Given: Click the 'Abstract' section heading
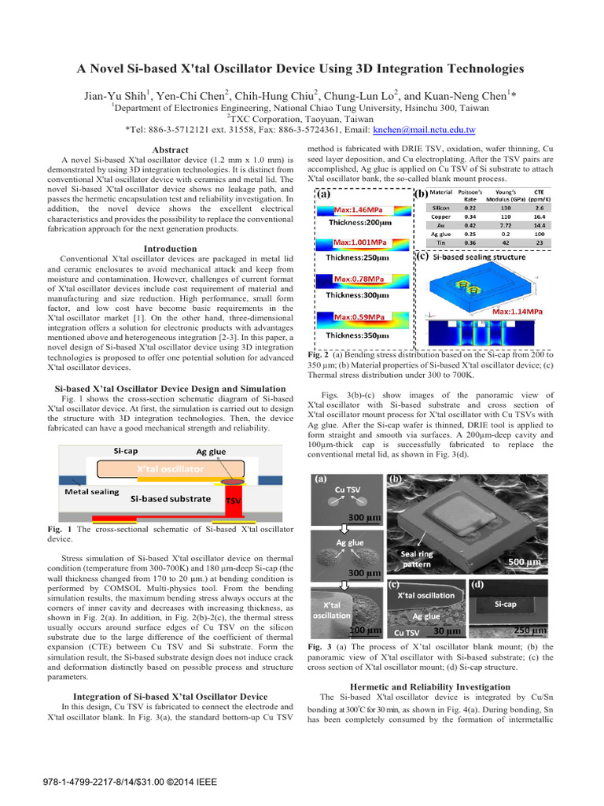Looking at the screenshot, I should (170, 150).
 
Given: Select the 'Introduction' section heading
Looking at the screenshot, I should (170, 249).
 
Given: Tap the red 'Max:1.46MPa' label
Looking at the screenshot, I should (359, 210).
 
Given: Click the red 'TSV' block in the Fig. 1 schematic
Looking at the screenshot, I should (234, 500).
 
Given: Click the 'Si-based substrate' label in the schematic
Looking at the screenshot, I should (171, 498).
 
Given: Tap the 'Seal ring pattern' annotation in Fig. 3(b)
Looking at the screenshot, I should (417, 559).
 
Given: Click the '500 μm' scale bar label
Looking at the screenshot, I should (523, 563).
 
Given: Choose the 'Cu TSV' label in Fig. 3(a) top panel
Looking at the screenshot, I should (348, 490).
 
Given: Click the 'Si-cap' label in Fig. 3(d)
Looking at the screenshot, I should (504, 604).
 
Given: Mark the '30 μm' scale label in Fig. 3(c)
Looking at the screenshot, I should (447, 631).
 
